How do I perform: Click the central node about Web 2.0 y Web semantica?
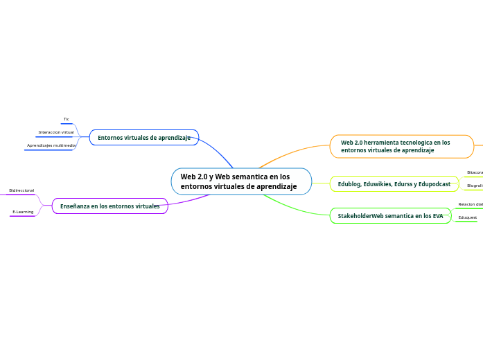tap(241, 181)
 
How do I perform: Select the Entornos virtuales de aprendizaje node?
tap(144, 138)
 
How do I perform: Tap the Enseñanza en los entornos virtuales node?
tap(109, 206)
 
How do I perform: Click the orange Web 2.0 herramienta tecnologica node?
tap(402, 146)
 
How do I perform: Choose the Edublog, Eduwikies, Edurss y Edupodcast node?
tap(394, 184)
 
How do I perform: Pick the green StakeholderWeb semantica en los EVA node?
tap(390, 216)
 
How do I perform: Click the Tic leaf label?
tap(67, 119)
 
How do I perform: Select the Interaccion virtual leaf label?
tap(55, 132)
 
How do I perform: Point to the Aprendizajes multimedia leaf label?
tap(51, 145)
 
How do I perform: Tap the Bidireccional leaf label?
tap(21, 190)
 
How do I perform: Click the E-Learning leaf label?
tap(23, 212)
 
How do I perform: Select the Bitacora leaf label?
tap(475, 172)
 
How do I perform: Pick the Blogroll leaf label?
tap(475, 186)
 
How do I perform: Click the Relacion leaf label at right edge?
tap(471, 204)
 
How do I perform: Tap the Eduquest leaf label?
tap(468, 217)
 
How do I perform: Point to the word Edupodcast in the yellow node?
tap(434, 184)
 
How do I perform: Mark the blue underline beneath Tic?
tap(67, 124)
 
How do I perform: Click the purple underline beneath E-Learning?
tap(22, 217)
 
